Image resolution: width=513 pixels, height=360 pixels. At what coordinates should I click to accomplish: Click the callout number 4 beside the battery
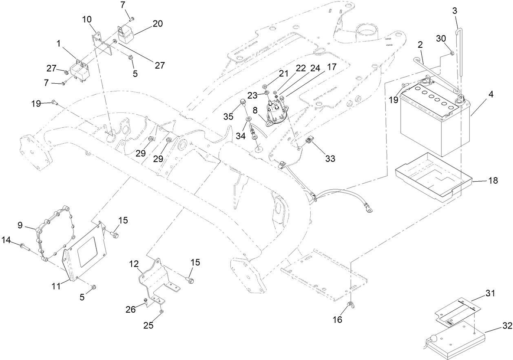click(x=491, y=94)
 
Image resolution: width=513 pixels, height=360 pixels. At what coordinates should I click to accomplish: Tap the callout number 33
click(x=330, y=158)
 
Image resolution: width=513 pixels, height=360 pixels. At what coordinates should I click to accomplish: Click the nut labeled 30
click(x=451, y=53)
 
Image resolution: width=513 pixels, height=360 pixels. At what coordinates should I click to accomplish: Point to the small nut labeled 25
click(x=162, y=312)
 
